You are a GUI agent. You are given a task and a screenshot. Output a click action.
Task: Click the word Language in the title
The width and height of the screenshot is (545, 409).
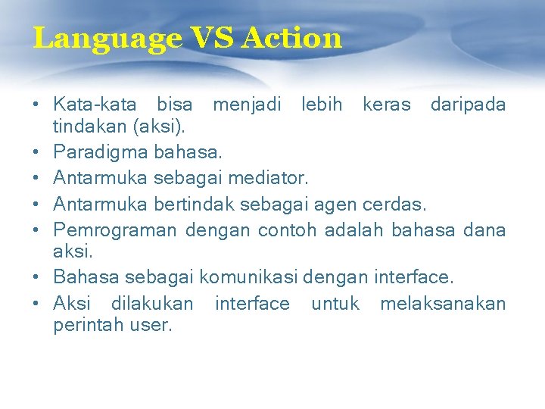tap(107, 38)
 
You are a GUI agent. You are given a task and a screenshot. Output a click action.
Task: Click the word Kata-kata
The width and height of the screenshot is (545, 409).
tap(95, 104)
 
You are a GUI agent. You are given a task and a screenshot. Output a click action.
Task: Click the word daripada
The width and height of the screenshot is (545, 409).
tap(468, 104)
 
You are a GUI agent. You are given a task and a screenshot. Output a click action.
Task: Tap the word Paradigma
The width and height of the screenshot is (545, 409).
tap(101, 154)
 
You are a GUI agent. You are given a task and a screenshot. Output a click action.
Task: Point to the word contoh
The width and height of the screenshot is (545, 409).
tap(288, 229)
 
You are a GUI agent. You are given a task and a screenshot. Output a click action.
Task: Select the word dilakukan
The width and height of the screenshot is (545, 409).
tap(151, 303)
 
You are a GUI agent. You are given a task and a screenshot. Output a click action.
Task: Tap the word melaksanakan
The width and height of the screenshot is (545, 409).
tap(442, 303)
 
